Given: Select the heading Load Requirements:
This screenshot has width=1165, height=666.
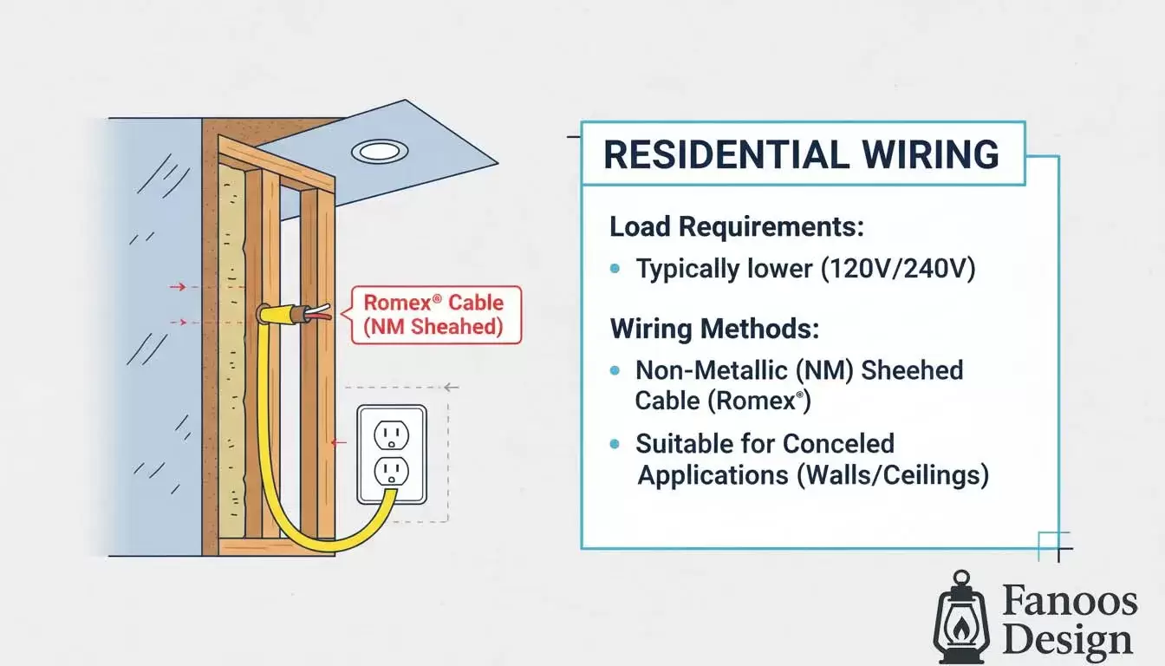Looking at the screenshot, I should [x=737, y=227].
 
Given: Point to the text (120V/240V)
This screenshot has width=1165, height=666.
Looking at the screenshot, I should [x=898, y=269].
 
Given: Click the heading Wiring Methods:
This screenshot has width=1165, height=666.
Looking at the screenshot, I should [x=714, y=330].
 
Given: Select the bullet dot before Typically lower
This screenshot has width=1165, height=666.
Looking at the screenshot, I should [x=615, y=270].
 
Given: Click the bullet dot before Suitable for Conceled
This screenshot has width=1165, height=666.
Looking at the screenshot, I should [x=615, y=444].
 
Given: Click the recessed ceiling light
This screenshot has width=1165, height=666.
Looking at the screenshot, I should [x=379, y=152].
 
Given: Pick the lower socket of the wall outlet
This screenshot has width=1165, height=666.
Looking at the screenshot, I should [x=391, y=471].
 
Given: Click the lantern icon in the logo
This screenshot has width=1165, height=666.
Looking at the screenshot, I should [x=960, y=617].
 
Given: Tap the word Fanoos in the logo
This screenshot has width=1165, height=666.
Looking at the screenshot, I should [x=1069, y=601].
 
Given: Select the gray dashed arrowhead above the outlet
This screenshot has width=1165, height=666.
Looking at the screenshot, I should [x=448, y=387].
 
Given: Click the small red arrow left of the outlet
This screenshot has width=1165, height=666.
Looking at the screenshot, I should [x=338, y=442].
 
